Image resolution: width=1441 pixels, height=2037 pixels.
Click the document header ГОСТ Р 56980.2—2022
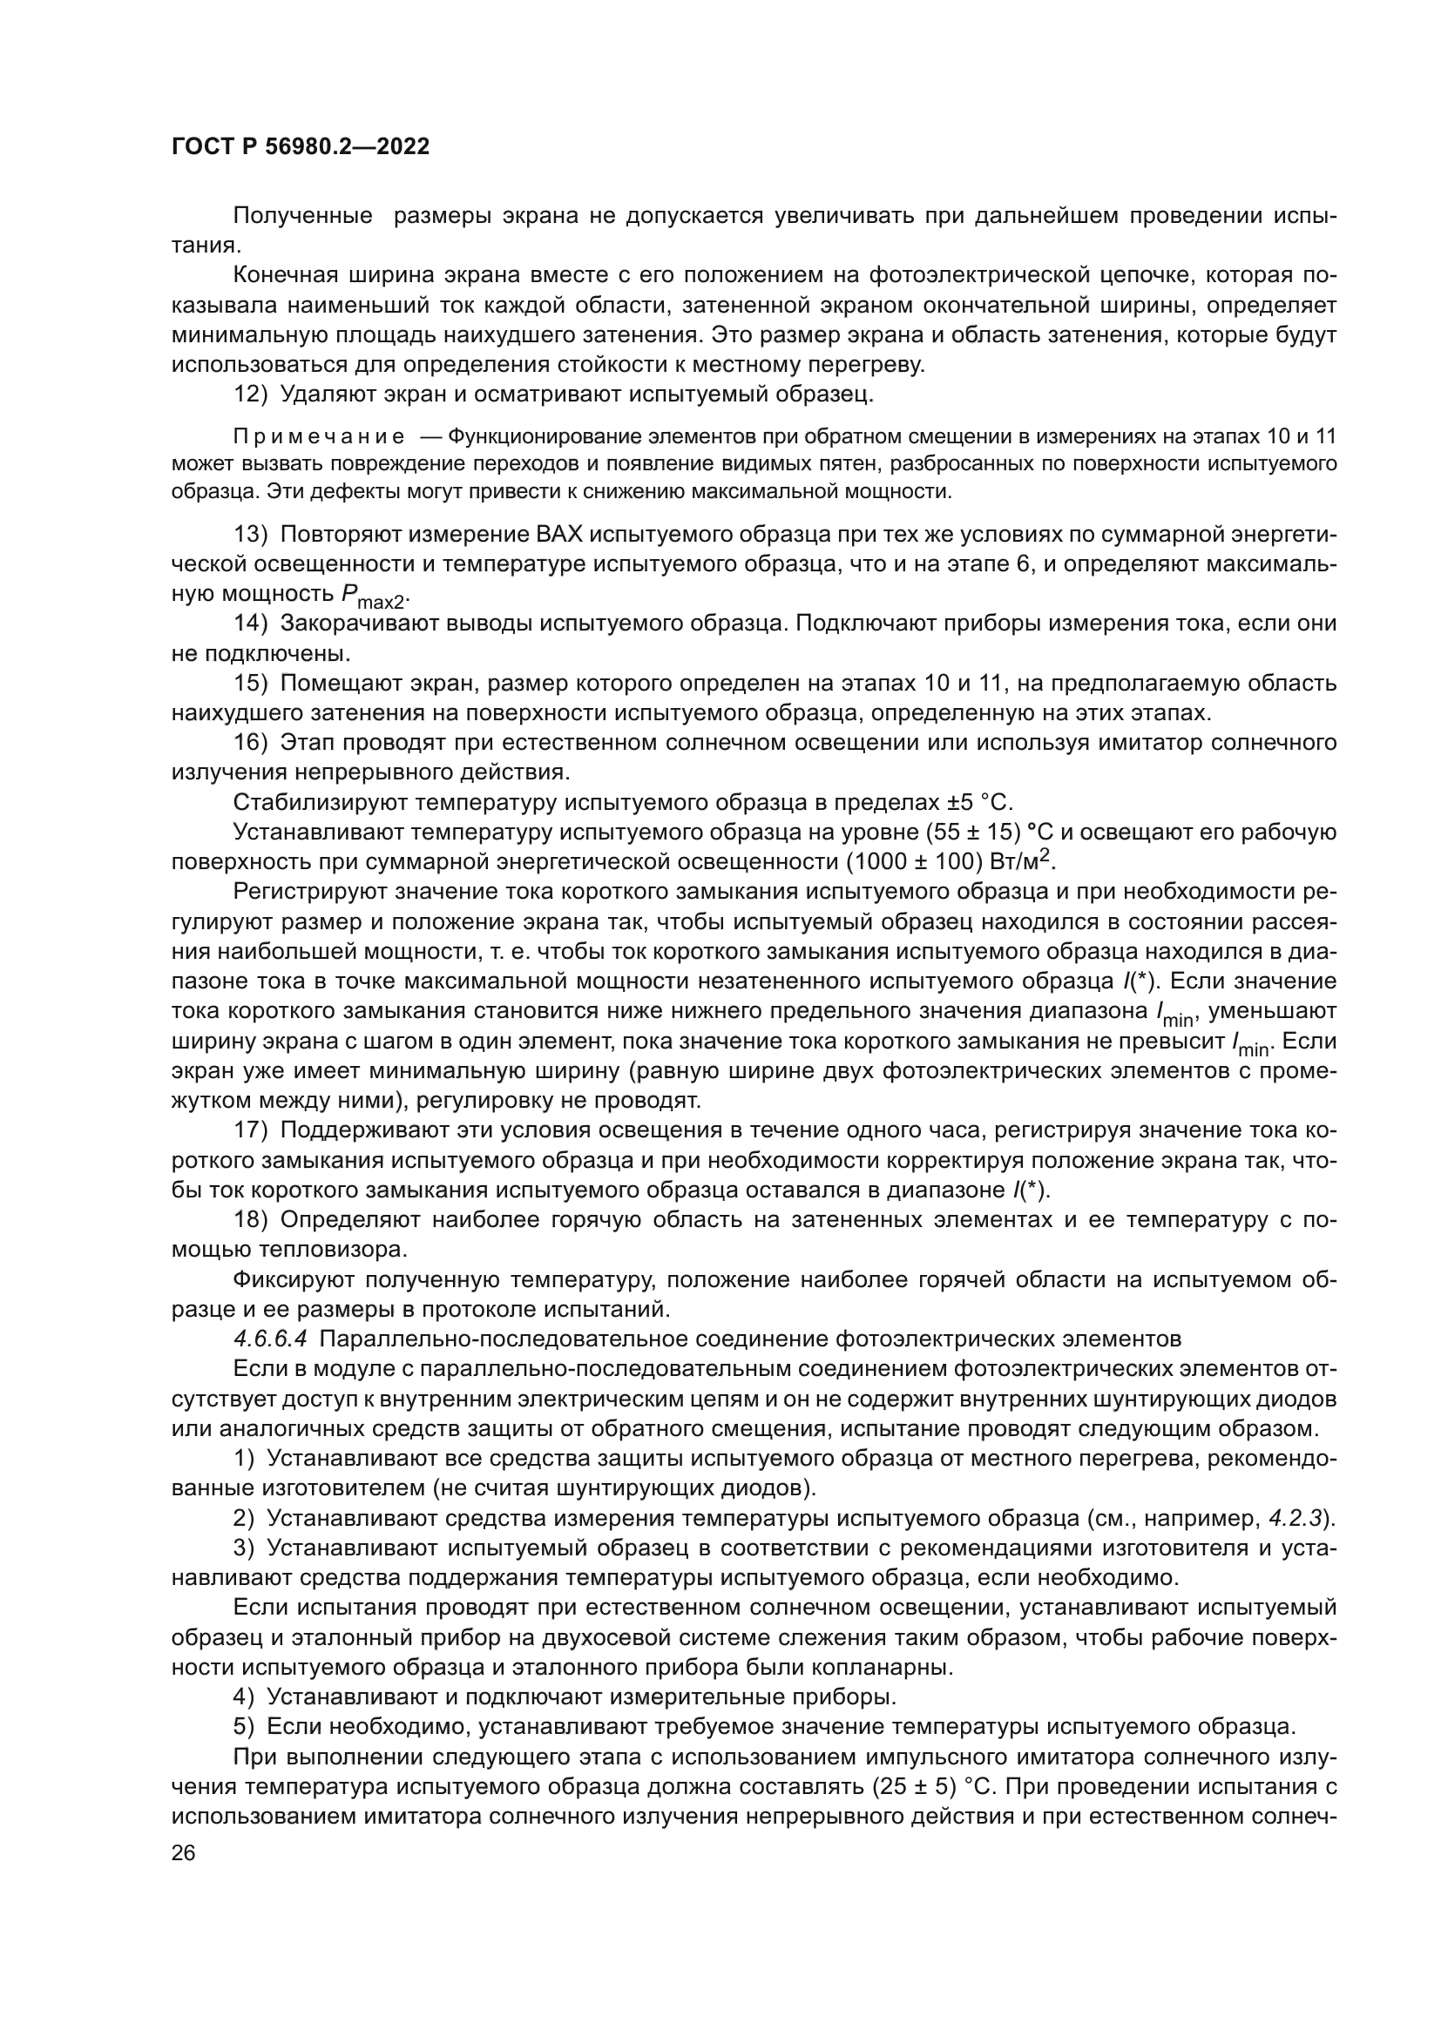tap(300, 147)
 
